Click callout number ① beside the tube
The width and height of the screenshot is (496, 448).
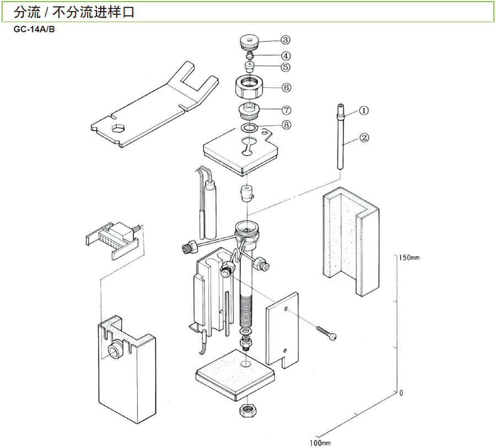[x=364, y=110]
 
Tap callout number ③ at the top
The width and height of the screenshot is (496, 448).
[x=285, y=40]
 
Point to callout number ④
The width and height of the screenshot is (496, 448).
[x=285, y=56]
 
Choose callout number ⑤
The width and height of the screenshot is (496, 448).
[x=285, y=67]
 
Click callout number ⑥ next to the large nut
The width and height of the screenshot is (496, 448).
[x=285, y=87]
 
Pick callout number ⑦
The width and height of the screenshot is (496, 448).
[x=285, y=110]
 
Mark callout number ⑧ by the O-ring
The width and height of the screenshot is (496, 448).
[x=285, y=125]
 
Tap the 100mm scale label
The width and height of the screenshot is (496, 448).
[x=320, y=442]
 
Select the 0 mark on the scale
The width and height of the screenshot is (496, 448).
[x=402, y=393]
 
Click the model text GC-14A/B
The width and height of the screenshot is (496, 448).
[x=35, y=29]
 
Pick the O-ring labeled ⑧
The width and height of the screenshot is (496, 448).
[x=250, y=128]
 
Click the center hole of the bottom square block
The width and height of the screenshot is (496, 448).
[x=245, y=364]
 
